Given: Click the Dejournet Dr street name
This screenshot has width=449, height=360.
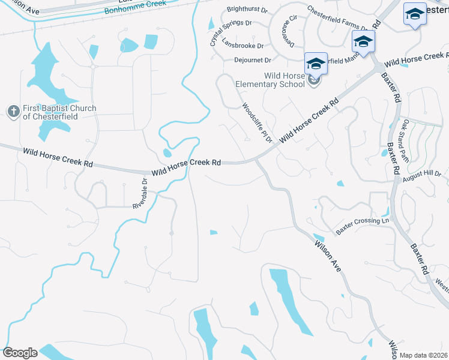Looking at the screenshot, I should (x=252, y=59).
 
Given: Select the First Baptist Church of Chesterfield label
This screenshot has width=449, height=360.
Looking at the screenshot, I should (x=59, y=112).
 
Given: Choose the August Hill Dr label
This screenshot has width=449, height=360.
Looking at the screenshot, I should (x=423, y=175).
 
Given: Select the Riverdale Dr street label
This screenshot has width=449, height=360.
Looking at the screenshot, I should (x=140, y=193).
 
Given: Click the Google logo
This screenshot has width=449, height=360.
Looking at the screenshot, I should (x=20, y=353).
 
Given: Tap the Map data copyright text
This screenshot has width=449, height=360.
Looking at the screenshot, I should (x=423, y=355).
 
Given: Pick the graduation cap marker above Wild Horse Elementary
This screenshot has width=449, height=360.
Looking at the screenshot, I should (x=316, y=62).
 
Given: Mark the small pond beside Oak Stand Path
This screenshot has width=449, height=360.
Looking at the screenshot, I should (x=384, y=152).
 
